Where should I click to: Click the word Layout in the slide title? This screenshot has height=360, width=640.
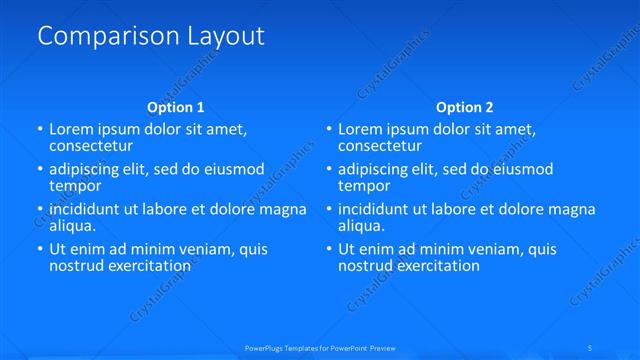[225, 37]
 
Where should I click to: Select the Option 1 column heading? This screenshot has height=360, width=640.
[176, 107]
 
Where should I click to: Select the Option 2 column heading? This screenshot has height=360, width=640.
[465, 107]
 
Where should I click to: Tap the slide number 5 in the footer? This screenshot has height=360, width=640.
[591, 347]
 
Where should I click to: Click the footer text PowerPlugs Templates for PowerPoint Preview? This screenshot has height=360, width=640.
[319, 347]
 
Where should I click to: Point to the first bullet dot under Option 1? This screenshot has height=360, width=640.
[40, 130]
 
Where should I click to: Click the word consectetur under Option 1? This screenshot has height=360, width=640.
[92, 146]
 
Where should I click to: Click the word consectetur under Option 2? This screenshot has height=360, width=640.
[381, 146]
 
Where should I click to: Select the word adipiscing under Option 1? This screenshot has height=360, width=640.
[88, 170]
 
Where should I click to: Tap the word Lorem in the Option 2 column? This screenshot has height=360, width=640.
[361, 130]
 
